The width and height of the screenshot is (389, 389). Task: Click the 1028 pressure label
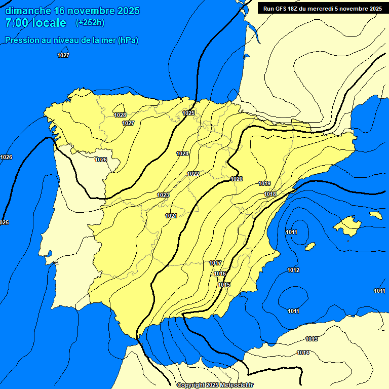[x=120, y=115]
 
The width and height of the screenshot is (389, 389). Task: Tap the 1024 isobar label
[x=182, y=153]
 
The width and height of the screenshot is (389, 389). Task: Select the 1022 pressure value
[x=193, y=174]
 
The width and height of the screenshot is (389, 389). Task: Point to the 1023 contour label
[x=163, y=195]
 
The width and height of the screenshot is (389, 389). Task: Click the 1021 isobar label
[x=171, y=216]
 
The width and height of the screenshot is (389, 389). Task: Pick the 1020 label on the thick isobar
[x=237, y=179]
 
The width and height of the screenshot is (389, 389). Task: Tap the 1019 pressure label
[x=264, y=183]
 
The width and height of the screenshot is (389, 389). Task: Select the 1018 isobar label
[x=270, y=194]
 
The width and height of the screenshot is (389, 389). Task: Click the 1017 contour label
[x=215, y=263]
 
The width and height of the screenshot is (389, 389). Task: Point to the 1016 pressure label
[x=220, y=274]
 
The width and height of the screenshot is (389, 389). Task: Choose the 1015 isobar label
[x=224, y=285]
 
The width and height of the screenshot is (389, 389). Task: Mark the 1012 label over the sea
[x=293, y=270]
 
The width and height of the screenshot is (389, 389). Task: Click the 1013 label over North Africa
[x=312, y=339]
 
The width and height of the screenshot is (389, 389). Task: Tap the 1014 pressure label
[x=303, y=353]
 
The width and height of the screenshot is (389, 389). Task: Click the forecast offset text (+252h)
[x=90, y=23]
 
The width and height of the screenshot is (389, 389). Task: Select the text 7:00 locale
[x=35, y=23]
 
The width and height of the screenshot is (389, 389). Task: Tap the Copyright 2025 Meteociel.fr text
[x=215, y=385]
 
